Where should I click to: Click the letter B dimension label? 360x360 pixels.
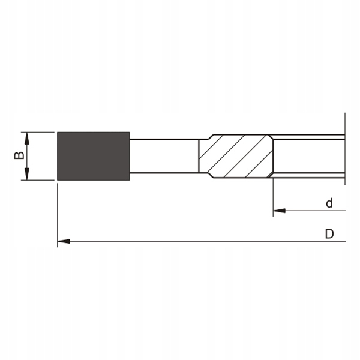(19, 155)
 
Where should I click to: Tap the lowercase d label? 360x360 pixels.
(329, 203)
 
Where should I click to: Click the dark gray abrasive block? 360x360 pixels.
(93, 156)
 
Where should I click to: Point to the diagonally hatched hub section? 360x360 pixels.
(236, 156)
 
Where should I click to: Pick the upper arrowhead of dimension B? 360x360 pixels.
(26, 137)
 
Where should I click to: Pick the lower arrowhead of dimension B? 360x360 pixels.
(26, 175)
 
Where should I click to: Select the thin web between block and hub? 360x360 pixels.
(164, 156)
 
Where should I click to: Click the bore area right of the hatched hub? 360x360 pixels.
(309, 156)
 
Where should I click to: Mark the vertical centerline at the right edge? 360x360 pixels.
(346, 150)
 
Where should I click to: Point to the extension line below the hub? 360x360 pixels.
(273, 195)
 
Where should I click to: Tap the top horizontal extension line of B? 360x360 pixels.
(39, 131)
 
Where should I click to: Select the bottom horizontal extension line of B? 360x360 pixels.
(39, 181)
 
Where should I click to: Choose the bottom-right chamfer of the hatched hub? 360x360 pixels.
(269, 176)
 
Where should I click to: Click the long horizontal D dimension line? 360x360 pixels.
(198, 241)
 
